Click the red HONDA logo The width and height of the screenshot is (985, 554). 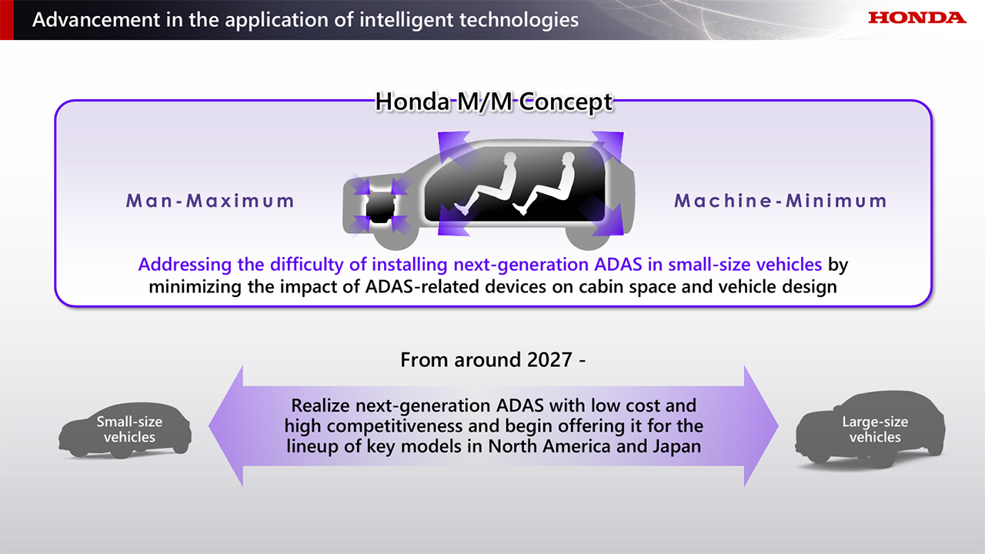[x=917, y=18]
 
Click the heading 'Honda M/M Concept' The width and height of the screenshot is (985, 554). [x=493, y=102]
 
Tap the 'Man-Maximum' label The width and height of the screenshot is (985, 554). [x=210, y=201]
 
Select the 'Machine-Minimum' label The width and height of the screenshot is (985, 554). [x=780, y=201]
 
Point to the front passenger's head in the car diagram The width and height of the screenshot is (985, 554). [x=510, y=159]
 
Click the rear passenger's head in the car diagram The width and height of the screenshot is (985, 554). [x=568, y=159]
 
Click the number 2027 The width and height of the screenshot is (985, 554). [x=549, y=360]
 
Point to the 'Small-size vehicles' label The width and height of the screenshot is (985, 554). [x=129, y=429]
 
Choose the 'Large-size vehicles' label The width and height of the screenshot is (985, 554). [x=875, y=429]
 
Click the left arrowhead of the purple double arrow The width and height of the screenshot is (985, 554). [x=226, y=426]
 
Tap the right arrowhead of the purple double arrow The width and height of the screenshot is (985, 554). [x=761, y=426]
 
